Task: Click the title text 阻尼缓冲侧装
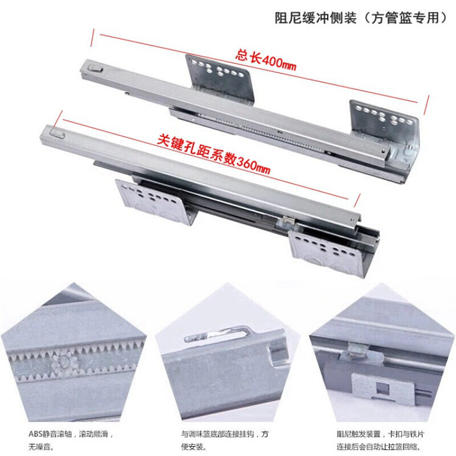point(316,18)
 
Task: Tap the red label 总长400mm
point(266,60)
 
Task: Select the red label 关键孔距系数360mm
point(214,154)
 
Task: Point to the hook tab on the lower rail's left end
point(57,132)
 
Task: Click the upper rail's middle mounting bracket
point(220,79)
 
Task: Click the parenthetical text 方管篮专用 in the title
point(406,18)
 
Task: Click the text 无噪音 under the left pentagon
point(38,446)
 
